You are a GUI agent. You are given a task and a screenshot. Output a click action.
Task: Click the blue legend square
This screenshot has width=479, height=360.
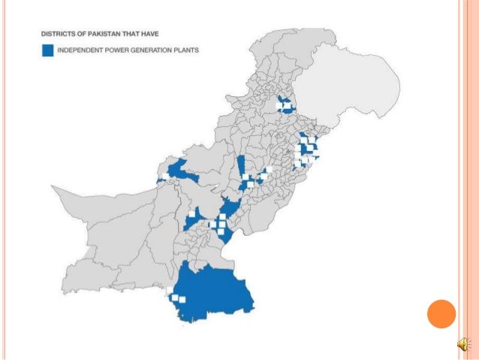coord(48,50)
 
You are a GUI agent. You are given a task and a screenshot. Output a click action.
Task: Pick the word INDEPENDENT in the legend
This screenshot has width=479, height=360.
coord(80,50)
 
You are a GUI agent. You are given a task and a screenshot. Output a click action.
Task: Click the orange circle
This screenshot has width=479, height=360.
coord(441,313)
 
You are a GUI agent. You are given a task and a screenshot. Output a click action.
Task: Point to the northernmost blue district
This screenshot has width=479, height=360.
coord(285,104)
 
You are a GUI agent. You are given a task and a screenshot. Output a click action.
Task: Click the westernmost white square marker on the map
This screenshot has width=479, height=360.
coord(161,177)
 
